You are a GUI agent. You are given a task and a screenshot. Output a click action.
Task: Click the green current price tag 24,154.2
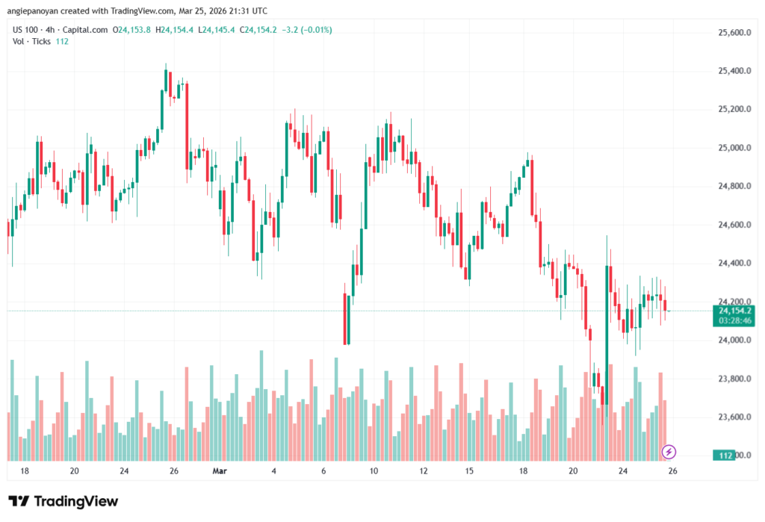(734, 310)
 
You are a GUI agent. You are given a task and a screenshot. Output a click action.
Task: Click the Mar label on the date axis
(219, 471)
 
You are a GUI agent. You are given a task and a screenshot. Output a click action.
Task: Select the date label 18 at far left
(25, 471)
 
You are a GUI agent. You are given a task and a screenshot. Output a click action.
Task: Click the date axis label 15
(469, 471)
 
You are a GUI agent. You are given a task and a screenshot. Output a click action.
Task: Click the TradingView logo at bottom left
(63, 501)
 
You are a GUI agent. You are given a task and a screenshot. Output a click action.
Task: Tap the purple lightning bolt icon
(669, 451)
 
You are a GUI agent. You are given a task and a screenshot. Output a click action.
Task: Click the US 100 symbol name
(28, 30)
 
